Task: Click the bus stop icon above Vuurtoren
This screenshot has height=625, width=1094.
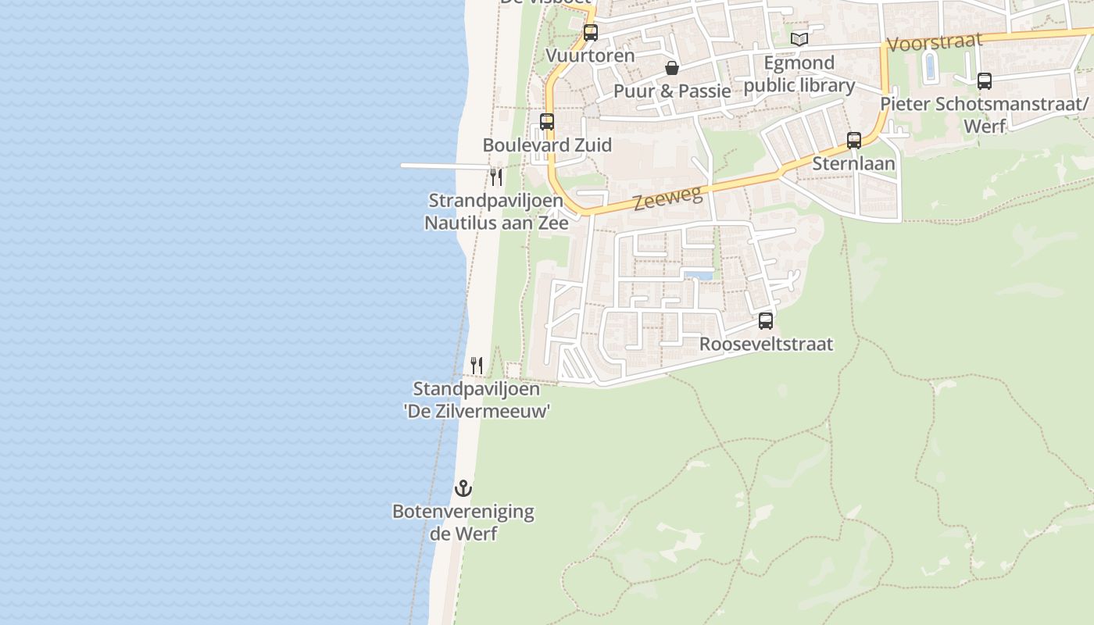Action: [591, 33]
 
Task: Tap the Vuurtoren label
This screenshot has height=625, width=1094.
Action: [590, 56]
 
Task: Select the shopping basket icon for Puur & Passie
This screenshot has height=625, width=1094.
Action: [671, 69]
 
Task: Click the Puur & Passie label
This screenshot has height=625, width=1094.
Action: [672, 91]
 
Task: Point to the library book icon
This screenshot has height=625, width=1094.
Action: [799, 39]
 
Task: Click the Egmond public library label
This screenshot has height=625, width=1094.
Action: [799, 74]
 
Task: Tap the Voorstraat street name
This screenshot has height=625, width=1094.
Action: [934, 42]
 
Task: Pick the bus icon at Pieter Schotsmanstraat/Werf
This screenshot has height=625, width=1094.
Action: [985, 80]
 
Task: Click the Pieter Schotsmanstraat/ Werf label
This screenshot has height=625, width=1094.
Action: [984, 114]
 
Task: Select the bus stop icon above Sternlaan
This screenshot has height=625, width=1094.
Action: [854, 141]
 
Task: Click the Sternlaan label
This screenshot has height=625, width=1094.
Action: [853, 164]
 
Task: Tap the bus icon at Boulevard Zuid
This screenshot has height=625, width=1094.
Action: [547, 122]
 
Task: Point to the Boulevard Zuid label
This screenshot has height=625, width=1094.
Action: [547, 145]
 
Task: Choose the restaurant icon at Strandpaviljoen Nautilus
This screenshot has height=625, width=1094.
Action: [496, 177]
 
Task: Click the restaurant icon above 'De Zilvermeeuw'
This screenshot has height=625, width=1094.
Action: [477, 365]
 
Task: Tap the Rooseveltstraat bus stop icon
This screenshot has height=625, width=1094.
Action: [766, 320]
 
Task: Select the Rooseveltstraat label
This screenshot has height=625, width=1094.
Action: [766, 344]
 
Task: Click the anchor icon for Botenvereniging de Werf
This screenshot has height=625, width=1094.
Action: [464, 488]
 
